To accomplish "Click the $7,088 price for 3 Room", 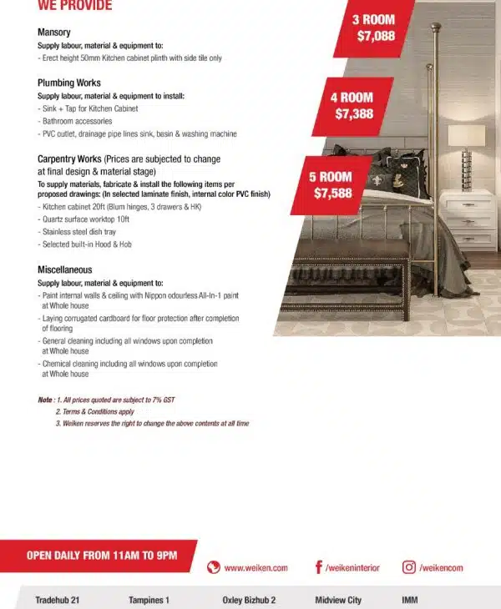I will tap(375, 37).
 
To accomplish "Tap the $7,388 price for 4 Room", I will tap(354, 114).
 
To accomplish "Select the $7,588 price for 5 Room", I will tap(333, 194).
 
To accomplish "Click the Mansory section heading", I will tap(53, 32).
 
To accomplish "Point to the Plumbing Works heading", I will tap(69, 83).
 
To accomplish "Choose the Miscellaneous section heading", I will tap(65, 269).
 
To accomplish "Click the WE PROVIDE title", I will tap(75, 6).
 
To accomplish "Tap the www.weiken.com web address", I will tap(256, 567).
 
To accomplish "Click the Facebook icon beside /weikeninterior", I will tap(319, 567).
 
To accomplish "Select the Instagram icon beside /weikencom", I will tap(409, 567).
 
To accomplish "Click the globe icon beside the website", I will tap(214, 567).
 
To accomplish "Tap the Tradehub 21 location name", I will tap(58, 600).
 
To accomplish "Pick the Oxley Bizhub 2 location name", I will tap(249, 600).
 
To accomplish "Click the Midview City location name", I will tap(338, 600).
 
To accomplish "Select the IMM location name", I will tap(409, 600).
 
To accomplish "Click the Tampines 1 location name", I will tap(149, 600).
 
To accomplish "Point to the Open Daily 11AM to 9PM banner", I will tap(102, 556).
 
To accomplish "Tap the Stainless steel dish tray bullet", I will tap(78, 231).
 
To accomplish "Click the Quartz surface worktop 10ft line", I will tap(84, 219).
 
